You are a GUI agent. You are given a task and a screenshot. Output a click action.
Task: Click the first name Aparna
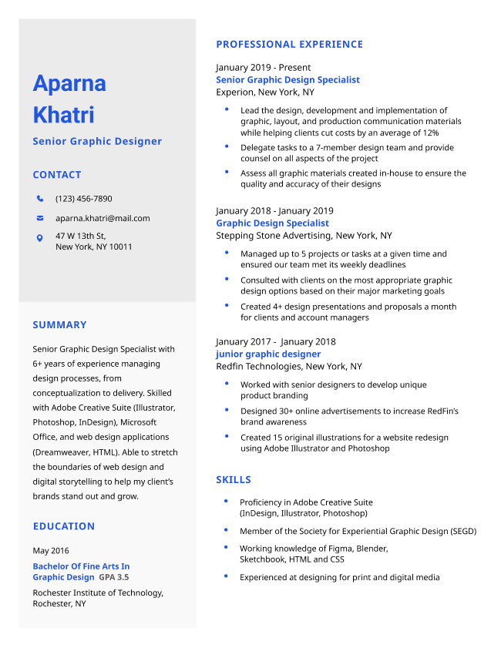tap(69, 83)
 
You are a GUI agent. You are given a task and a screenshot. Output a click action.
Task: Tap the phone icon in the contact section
tap(40, 199)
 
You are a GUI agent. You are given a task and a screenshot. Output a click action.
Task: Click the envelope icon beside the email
tap(40, 218)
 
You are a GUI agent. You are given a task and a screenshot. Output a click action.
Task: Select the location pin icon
tap(40, 238)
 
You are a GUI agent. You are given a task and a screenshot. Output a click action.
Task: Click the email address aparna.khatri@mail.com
tap(103, 218)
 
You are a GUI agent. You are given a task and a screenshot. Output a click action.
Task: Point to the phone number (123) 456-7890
tap(83, 199)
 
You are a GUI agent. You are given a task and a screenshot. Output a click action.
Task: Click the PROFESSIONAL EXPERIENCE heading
tap(289, 45)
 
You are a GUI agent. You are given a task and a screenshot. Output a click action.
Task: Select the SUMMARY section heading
tap(59, 325)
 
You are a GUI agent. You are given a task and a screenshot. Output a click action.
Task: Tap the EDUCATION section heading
tap(63, 526)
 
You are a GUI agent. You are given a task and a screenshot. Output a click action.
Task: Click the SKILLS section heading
tap(234, 480)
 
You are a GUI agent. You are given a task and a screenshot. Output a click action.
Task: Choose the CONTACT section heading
tap(56, 175)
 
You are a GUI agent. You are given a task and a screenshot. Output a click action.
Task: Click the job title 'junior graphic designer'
tap(268, 354)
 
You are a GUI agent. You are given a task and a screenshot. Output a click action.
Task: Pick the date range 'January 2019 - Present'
tap(263, 68)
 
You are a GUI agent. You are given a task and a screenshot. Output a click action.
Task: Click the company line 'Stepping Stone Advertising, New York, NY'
tap(304, 236)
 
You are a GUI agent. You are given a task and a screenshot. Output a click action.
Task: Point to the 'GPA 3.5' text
tap(114, 577)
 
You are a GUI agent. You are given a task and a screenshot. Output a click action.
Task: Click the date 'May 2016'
tap(50, 551)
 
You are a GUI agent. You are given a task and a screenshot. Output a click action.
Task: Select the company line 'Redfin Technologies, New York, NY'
tap(288, 367)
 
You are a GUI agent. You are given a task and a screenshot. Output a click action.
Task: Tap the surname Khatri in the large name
tap(63, 115)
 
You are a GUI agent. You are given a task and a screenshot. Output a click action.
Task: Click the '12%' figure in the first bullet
tap(430, 133)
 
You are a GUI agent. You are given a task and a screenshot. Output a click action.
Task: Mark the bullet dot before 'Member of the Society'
tap(226, 530)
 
